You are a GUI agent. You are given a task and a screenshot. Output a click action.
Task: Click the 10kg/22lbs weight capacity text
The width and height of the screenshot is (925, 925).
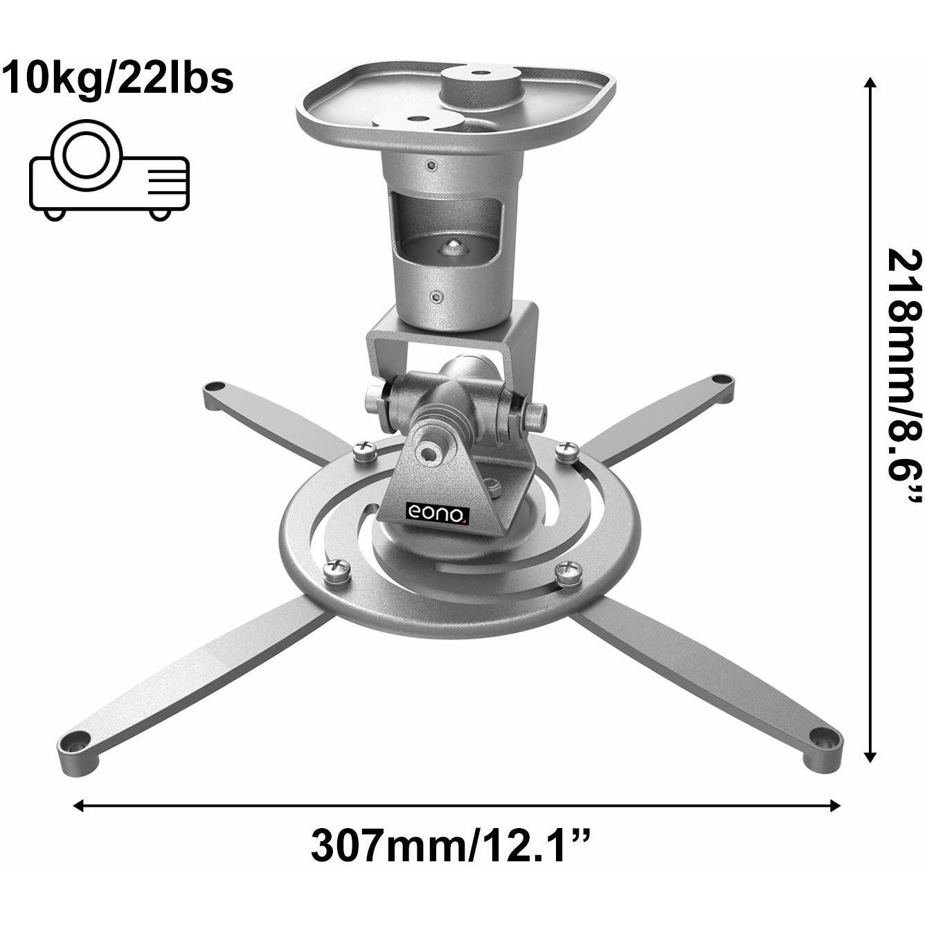[x=118, y=78]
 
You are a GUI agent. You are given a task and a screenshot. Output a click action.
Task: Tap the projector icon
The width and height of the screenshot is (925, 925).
[x=109, y=171]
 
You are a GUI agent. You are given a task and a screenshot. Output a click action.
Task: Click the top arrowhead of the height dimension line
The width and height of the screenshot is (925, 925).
[x=871, y=84]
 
